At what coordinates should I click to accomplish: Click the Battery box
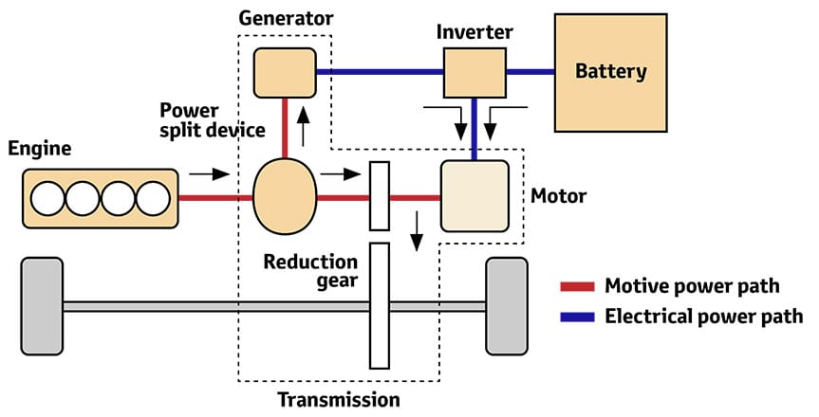[610, 71]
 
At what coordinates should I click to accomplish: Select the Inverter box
[475, 72]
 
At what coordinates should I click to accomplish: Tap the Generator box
[284, 72]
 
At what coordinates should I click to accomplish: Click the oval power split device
[285, 197]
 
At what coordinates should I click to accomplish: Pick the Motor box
[475, 197]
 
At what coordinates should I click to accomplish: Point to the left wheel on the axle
[42, 305]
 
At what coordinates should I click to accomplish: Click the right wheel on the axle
[506, 305]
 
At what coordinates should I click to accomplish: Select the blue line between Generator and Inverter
[380, 72]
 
